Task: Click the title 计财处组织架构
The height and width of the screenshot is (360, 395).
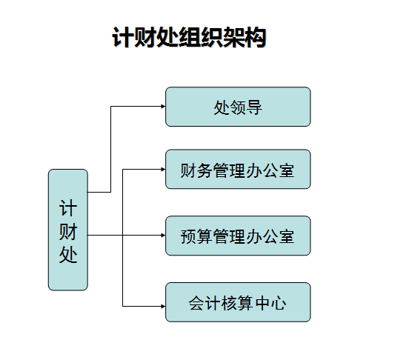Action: pos(189,37)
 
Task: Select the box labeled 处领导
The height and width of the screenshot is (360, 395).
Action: pos(238,107)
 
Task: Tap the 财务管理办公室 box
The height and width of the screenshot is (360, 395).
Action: pos(238,169)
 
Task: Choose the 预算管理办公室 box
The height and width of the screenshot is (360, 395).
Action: pos(238,236)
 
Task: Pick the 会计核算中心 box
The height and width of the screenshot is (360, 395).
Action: pos(238,302)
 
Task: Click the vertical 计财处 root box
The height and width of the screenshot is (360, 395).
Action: pos(68,230)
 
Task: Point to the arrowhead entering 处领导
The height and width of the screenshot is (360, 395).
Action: pos(163,107)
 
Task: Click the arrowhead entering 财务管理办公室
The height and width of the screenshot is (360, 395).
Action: pos(163,170)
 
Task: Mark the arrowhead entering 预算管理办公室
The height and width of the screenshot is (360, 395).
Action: pos(163,236)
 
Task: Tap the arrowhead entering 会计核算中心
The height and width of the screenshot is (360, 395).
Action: pos(163,307)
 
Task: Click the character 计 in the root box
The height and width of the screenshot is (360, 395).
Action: pos(68,208)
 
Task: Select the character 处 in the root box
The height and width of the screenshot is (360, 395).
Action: pos(68,254)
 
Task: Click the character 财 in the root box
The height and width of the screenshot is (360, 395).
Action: pos(68,231)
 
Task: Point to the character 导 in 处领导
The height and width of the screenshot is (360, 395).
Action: pos(254,107)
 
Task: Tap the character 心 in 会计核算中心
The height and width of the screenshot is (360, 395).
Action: pos(279,303)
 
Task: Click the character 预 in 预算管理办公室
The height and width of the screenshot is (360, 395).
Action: pos(189,236)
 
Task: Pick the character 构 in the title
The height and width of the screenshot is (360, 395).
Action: pos(256,38)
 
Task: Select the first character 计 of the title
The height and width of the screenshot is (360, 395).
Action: pos(123,38)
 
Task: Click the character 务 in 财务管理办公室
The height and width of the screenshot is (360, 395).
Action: pos(205,170)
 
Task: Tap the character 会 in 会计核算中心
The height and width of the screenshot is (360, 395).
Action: pos(196,303)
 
